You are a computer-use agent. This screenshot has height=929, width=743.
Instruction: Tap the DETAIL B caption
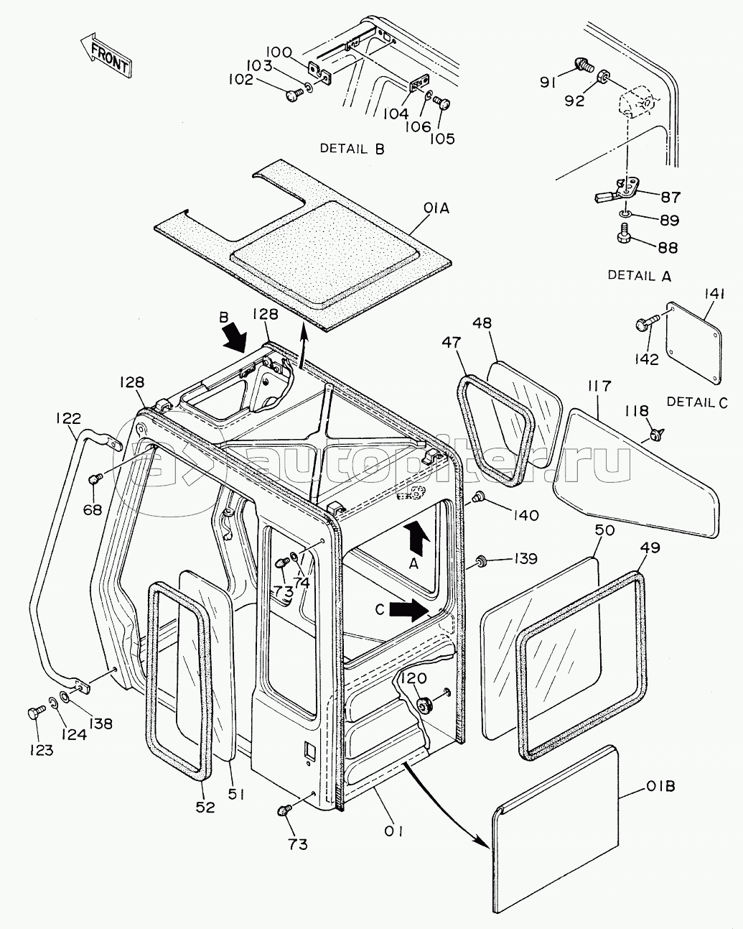pos(352,149)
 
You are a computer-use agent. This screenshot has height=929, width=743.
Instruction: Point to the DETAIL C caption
pos(697,402)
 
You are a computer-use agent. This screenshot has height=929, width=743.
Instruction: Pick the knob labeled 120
pos(426,706)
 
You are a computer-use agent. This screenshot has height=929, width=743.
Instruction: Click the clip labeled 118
pos(655,433)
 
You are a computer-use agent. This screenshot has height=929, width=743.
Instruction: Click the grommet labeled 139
pos(482,558)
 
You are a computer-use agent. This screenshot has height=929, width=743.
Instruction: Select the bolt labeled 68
pos(93,479)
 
